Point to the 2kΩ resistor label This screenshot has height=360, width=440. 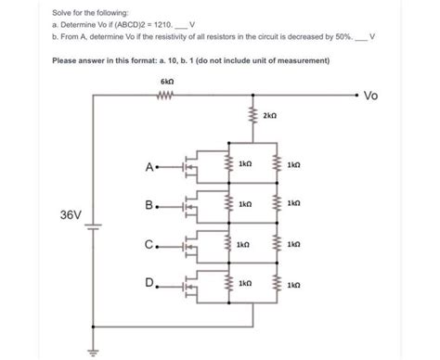[x=269, y=116]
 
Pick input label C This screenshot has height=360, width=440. [x=149, y=245]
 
